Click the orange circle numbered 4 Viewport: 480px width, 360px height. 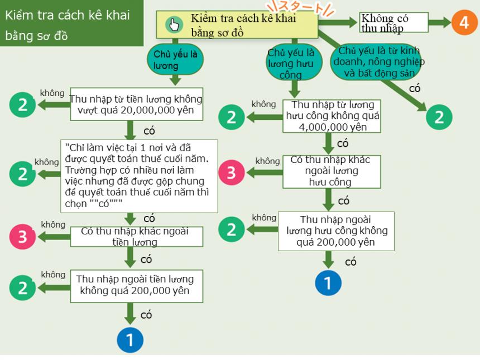[x=464, y=23]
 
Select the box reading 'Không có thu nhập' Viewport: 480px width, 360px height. [x=394, y=23]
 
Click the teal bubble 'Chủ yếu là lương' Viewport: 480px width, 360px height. [x=175, y=59]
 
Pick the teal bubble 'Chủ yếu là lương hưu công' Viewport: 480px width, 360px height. [x=291, y=64]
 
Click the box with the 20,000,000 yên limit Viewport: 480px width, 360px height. [x=136, y=104]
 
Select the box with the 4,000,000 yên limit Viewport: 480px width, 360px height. [x=332, y=116]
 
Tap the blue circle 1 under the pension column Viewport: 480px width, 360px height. [x=328, y=282]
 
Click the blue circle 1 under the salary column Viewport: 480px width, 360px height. [x=130, y=339]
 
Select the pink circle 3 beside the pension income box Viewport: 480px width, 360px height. [x=232, y=172]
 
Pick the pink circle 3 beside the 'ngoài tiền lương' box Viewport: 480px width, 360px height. [x=22, y=237]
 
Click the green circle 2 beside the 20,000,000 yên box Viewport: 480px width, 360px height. [x=22, y=104]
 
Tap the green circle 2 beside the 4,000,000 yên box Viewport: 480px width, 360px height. [x=231, y=117]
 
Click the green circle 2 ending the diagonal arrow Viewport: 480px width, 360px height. [x=439, y=117]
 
